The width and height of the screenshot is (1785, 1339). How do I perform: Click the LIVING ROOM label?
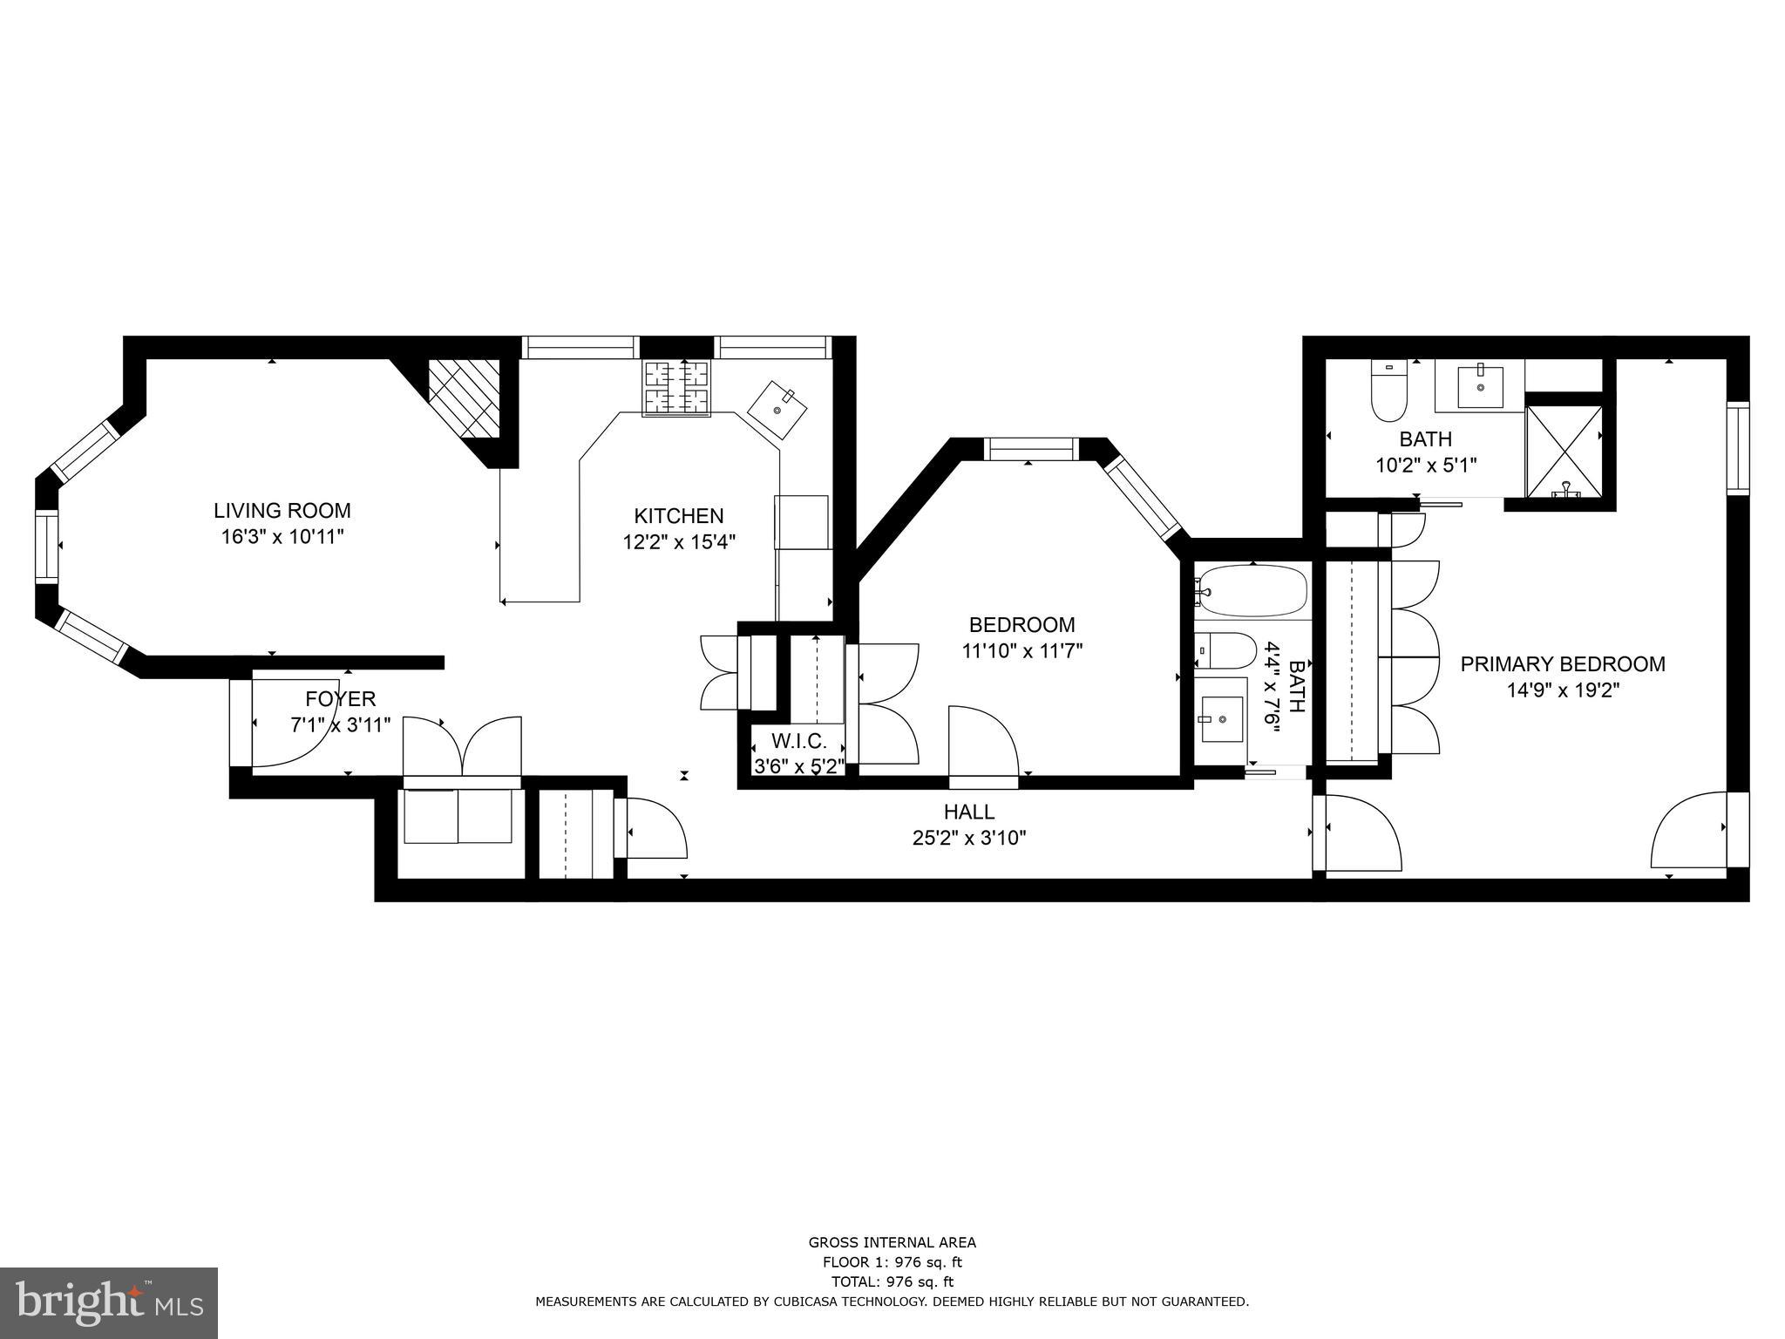click(x=282, y=511)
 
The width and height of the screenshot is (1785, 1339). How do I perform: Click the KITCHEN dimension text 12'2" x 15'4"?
click(x=679, y=542)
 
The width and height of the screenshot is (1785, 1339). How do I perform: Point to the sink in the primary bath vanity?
click(x=1480, y=386)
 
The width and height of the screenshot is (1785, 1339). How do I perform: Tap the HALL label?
click(x=968, y=812)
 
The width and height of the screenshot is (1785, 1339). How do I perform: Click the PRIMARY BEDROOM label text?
click(x=1563, y=664)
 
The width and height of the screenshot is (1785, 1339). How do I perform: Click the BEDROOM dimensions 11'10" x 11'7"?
click(x=1021, y=651)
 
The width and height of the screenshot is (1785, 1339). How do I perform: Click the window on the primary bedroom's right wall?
click(x=1737, y=448)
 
